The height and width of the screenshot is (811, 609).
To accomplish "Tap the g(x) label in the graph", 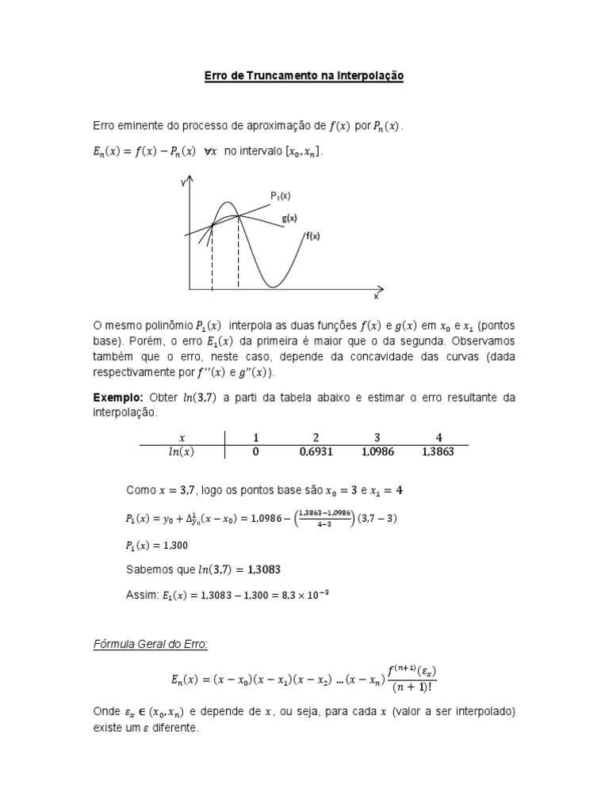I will click(x=289, y=219).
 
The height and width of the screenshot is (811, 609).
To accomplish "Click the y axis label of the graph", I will click(x=183, y=182).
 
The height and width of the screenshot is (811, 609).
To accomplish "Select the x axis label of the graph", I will click(x=376, y=297).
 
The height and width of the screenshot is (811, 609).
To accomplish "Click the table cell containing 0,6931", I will click(x=316, y=452).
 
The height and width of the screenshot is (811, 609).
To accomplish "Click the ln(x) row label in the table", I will click(x=182, y=452).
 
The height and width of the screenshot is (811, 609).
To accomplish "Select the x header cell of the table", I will click(x=182, y=437).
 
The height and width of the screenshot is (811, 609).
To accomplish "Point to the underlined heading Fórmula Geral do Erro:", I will click(x=151, y=645).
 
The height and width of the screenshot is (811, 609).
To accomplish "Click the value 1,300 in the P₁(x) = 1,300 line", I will click(x=178, y=546).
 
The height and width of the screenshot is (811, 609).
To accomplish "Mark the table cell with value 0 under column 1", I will click(x=255, y=452).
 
